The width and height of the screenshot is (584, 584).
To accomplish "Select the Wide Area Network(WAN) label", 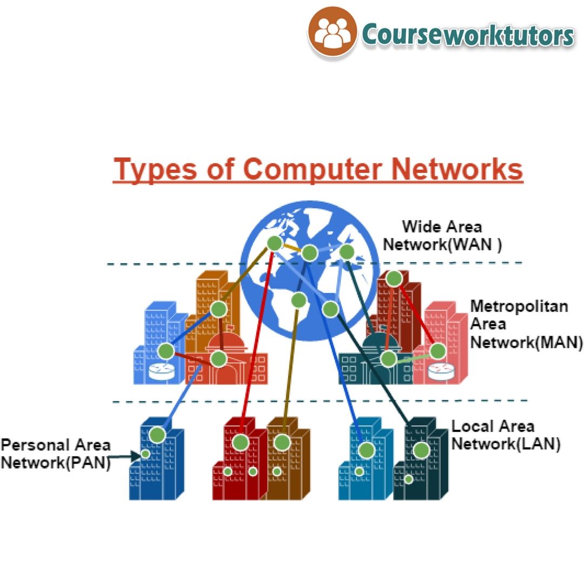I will click(x=442, y=235).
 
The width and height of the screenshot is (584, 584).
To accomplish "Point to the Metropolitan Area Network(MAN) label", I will click(x=519, y=324).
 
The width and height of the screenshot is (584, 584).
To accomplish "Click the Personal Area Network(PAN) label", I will click(x=55, y=454).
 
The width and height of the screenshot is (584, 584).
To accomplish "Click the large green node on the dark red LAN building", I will click(x=241, y=442).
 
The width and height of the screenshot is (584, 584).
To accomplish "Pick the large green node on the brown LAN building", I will click(x=282, y=442).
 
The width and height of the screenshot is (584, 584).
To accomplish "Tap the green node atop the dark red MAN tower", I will click(x=394, y=278).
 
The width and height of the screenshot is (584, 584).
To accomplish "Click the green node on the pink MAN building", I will click(x=437, y=351).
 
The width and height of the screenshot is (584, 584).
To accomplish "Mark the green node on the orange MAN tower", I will click(x=218, y=309).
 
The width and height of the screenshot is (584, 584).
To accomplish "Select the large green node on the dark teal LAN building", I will click(x=421, y=450).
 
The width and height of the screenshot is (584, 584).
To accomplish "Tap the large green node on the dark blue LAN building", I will click(x=157, y=435).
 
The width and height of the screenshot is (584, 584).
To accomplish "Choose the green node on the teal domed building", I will click(x=388, y=359).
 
